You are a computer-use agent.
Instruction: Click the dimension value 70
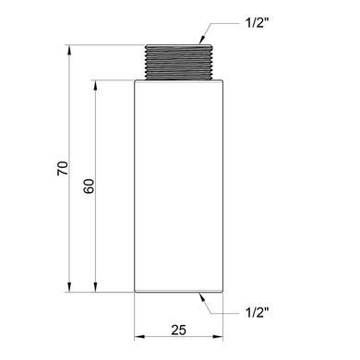[x=63, y=168]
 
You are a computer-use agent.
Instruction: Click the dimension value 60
[x=90, y=186]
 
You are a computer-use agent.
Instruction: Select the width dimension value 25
[x=179, y=330]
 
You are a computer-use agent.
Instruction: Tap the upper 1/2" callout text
[x=258, y=23]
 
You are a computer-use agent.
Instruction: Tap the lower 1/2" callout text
[x=258, y=313]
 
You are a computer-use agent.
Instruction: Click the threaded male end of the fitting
[x=179, y=63]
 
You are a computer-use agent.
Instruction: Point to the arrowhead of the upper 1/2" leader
[x=202, y=40]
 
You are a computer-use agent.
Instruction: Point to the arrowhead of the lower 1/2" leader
[x=202, y=297]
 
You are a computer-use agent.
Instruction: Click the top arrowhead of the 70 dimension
[x=69, y=50]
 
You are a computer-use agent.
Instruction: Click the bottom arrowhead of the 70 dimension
[x=69, y=287]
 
